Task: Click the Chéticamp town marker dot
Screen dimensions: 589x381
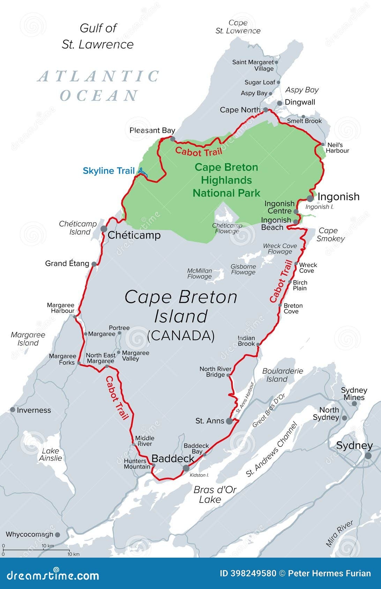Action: [x=104, y=229]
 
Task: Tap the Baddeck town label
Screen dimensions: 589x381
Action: [x=173, y=459]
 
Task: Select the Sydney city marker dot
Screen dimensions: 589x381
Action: [x=368, y=456]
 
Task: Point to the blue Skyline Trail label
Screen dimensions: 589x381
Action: [x=109, y=171]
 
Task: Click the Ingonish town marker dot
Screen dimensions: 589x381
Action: [x=310, y=199]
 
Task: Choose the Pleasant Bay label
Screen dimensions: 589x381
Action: [x=152, y=130]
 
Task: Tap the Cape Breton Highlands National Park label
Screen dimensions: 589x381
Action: [x=226, y=180]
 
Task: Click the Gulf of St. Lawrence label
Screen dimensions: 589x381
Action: [x=98, y=36]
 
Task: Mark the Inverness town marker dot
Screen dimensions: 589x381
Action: [x=13, y=410]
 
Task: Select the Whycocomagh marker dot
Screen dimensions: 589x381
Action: [x=58, y=535]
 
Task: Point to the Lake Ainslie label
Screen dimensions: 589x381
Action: [x=51, y=454]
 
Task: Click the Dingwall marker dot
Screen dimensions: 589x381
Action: [x=279, y=103]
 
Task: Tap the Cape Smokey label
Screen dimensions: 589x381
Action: [x=330, y=235]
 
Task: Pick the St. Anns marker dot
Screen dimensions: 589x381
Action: [x=229, y=421]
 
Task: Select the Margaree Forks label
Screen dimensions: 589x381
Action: [x=62, y=359]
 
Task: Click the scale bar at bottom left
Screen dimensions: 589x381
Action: [x=36, y=550]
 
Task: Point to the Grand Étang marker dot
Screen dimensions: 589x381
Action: [x=94, y=264]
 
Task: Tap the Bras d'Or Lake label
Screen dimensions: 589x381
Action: [x=215, y=495]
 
